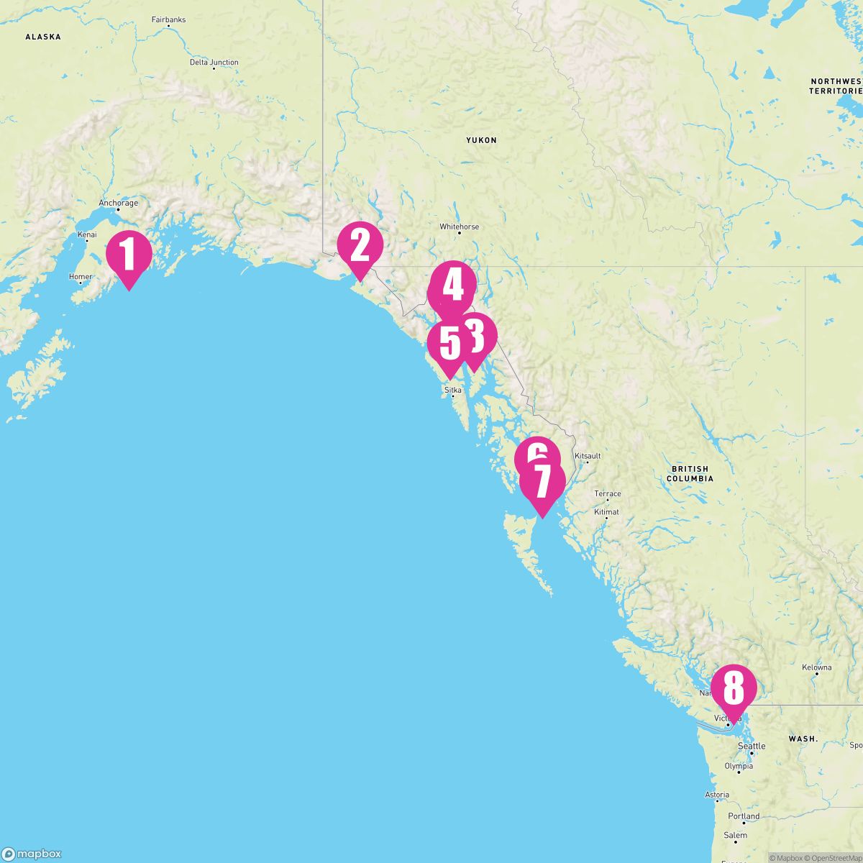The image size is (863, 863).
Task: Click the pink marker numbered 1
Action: (x=129, y=253)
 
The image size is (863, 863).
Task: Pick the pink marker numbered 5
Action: (x=449, y=343)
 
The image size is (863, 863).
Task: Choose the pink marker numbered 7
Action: (x=542, y=481)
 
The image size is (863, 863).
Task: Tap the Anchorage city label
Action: (x=118, y=204)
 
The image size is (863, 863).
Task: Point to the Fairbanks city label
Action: (x=168, y=19)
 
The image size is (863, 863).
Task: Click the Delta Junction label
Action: (x=214, y=63)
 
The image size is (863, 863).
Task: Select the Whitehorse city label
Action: (x=459, y=227)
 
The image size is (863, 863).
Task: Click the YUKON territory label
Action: (x=481, y=140)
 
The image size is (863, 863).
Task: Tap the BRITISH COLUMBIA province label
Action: (x=690, y=473)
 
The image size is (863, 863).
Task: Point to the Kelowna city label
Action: (x=816, y=667)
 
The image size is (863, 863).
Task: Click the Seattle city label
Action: (x=752, y=746)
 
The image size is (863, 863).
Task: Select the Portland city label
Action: (x=744, y=816)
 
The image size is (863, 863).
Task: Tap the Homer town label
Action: (x=81, y=277)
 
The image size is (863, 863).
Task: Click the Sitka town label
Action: (x=453, y=390)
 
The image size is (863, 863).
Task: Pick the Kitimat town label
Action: (x=606, y=512)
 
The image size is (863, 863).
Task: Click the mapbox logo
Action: (x=32, y=854)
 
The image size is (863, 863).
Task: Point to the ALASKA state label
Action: (x=43, y=37)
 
